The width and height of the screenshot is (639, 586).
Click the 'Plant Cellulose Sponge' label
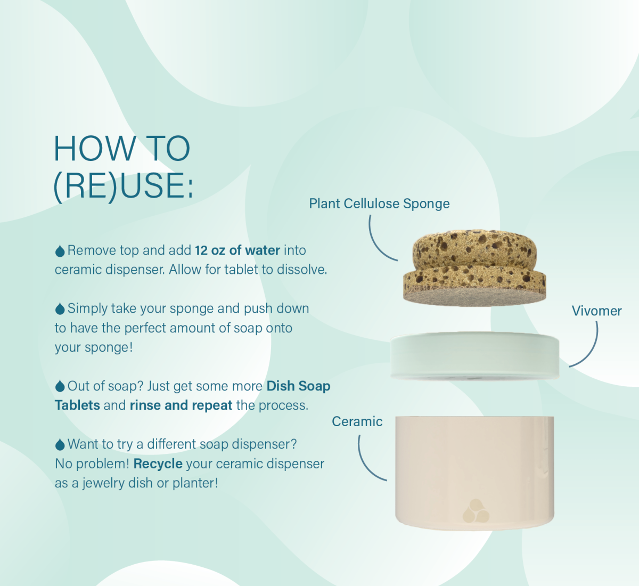(379, 204)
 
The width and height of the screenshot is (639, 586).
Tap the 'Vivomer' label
(596, 311)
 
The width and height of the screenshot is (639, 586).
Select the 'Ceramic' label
(357, 421)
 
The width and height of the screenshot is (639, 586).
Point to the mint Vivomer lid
(474, 356)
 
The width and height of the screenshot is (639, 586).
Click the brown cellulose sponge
(474, 268)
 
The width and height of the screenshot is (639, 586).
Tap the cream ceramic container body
(474, 474)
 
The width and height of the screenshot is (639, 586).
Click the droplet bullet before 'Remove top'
(60, 251)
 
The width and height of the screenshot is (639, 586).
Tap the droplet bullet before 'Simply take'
(60, 309)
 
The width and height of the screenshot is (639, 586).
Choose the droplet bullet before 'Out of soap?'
(60, 386)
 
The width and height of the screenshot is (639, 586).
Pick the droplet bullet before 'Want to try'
(60, 444)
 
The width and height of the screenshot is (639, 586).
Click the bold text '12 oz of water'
(237, 250)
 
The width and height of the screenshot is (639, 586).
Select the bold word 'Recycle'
(158, 464)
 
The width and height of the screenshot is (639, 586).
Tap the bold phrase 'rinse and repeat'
(181, 405)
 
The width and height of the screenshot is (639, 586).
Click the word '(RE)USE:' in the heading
(123, 185)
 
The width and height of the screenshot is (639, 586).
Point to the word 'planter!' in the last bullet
(195, 483)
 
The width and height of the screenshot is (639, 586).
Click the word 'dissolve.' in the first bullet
(302, 270)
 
